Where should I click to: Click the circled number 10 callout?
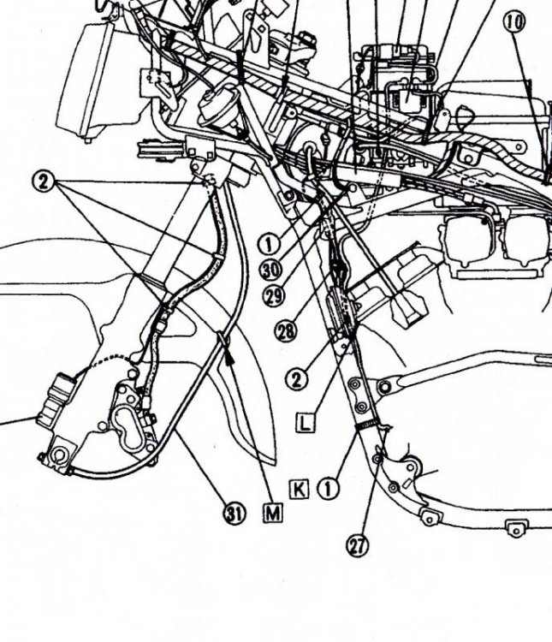pyautogui.click(x=515, y=22)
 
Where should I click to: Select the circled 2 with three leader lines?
pyautogui.click(x=45, y=181)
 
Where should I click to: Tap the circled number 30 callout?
pyautogui.click(x=272, y=268)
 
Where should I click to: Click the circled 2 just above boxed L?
pyautogui.click(x=296, y=378)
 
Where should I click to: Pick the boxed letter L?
pyautogui.click(x=306, y=420)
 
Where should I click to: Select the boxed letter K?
pyautogui.click(x=299, y=488)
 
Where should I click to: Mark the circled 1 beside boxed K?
pyautogui.click(x=328, y=489)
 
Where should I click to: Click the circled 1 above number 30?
pyautogui.click(x=268, y=243)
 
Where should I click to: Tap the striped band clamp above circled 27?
pyautogui.click(x=367, y=425)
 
